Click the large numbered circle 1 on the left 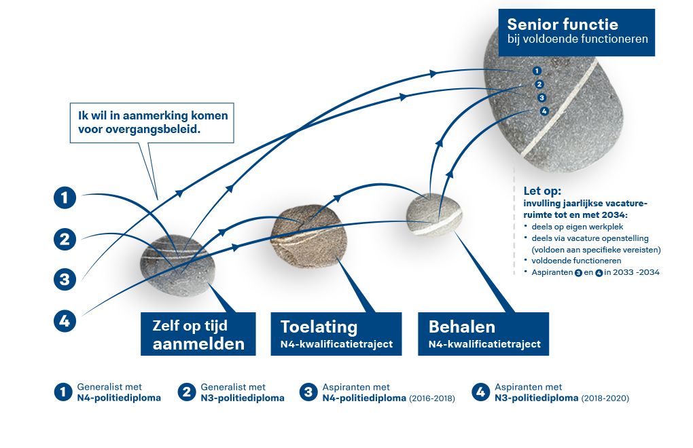[65, 198]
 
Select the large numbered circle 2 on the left [65, 239]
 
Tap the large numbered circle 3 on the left [65, 280]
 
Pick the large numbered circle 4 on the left [65, 321]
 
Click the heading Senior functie [562, 24]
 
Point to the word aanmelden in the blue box [198, 344]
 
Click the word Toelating [319, 327]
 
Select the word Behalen [462, 327]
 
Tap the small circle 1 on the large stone [537, 71]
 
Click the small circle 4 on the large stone [544, 111]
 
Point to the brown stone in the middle [308, 236]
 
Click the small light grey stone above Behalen [433, 214]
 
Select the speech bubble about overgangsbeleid [152, 123]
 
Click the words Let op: [542, 191]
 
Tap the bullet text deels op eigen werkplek [577, 227]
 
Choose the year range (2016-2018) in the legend [432, 398]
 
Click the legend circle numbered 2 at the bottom [187, 392]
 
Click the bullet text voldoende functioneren [576, 261]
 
